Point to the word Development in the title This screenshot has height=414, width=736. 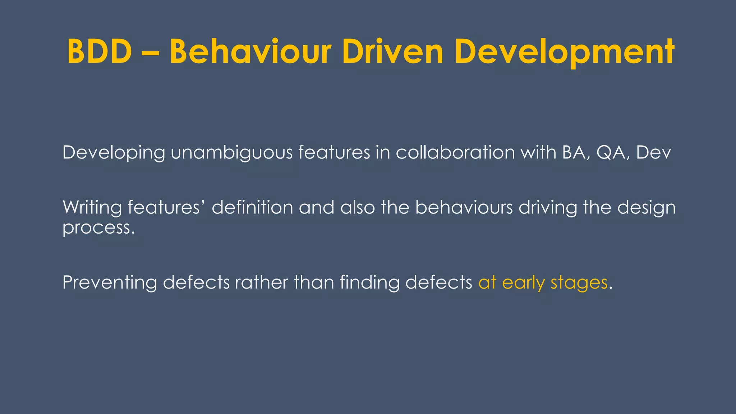click(564, 52)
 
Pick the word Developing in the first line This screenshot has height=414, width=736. click(114, 153)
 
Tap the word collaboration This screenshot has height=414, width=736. click(455, 153)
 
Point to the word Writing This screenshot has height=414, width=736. click(92, 208)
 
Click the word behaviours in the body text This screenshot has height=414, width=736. click(464, 207)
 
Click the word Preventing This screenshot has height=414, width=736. click(110, 282)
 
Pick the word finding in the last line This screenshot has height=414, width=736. click(369, 282)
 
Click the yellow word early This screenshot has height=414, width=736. click(523, 283)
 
